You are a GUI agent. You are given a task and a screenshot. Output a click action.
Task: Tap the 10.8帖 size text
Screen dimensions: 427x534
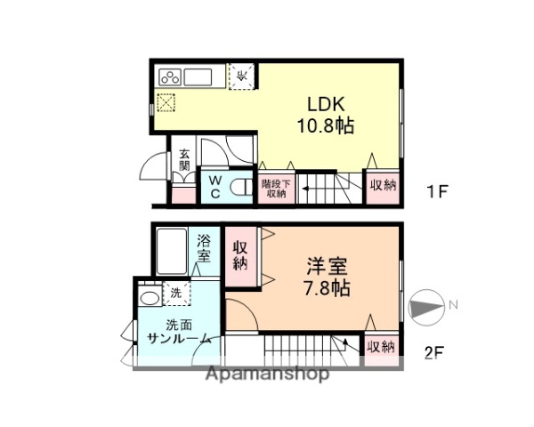(325, 126)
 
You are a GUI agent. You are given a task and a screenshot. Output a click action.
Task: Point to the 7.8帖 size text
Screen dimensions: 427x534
(328, 287)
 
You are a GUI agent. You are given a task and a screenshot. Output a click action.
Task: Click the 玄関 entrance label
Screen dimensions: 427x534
(184, 160)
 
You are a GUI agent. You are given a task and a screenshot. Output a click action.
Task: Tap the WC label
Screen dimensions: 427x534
(215, 187)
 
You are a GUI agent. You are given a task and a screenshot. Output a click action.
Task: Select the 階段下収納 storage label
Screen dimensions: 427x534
(274, 189)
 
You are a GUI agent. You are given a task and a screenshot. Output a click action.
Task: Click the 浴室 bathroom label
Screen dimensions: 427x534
(204, 248)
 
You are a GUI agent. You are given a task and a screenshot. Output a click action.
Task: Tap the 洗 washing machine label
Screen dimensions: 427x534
(175, 293)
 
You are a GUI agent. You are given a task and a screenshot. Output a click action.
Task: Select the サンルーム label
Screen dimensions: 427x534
(179, 339)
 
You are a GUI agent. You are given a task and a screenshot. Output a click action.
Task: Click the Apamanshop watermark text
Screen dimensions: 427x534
(267, 374)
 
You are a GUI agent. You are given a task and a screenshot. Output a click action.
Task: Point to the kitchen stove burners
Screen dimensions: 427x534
(170, 75)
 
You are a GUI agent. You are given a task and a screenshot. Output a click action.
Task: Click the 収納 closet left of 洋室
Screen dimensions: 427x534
(240, 255)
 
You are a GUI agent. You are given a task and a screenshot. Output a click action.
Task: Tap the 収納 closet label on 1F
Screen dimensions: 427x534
(384, 185)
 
